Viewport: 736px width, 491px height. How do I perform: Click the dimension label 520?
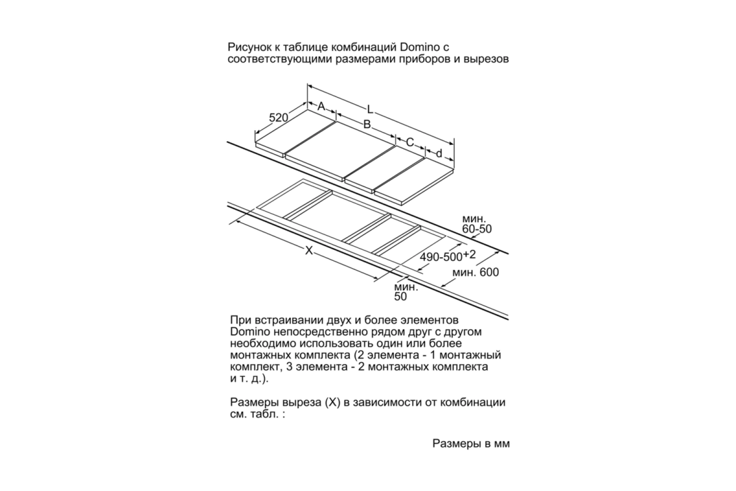click(278, 117)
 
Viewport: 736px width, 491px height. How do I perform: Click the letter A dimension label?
click(321, 106)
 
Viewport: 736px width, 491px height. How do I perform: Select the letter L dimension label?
click(370, 109)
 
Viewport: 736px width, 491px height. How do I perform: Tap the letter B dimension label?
click(367, 125)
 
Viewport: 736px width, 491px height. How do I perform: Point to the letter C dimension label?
click(410, 142)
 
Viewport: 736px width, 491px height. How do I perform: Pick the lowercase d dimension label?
click(439, 153)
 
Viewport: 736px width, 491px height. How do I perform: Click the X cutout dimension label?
click(309, 250)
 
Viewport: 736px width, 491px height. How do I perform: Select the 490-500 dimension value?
click(441, 257)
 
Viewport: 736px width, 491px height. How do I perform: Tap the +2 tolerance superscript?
click(469, 255)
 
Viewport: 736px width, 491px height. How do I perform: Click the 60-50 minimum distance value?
click(477, 229)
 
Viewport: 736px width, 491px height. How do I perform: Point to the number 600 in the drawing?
click(489, 272)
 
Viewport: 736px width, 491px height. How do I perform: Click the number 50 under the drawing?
click(401, 296)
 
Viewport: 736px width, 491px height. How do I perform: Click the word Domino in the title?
click(420, 47)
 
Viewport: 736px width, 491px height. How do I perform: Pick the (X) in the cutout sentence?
click(332, 403)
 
